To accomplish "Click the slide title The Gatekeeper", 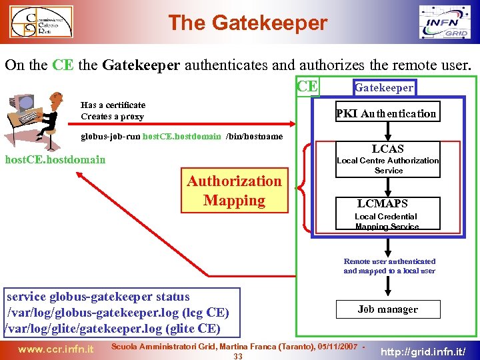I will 247,23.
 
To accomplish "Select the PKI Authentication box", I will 387,113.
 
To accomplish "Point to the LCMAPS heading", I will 382,203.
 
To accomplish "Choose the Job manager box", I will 387,309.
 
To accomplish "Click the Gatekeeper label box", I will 383,87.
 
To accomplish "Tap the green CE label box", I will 307,87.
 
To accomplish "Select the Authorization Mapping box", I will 234,191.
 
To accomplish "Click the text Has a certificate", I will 113,105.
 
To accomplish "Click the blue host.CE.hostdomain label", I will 55,160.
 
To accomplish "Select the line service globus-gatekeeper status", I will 98,297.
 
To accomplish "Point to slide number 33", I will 238,356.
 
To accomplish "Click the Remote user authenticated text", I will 389,261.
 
